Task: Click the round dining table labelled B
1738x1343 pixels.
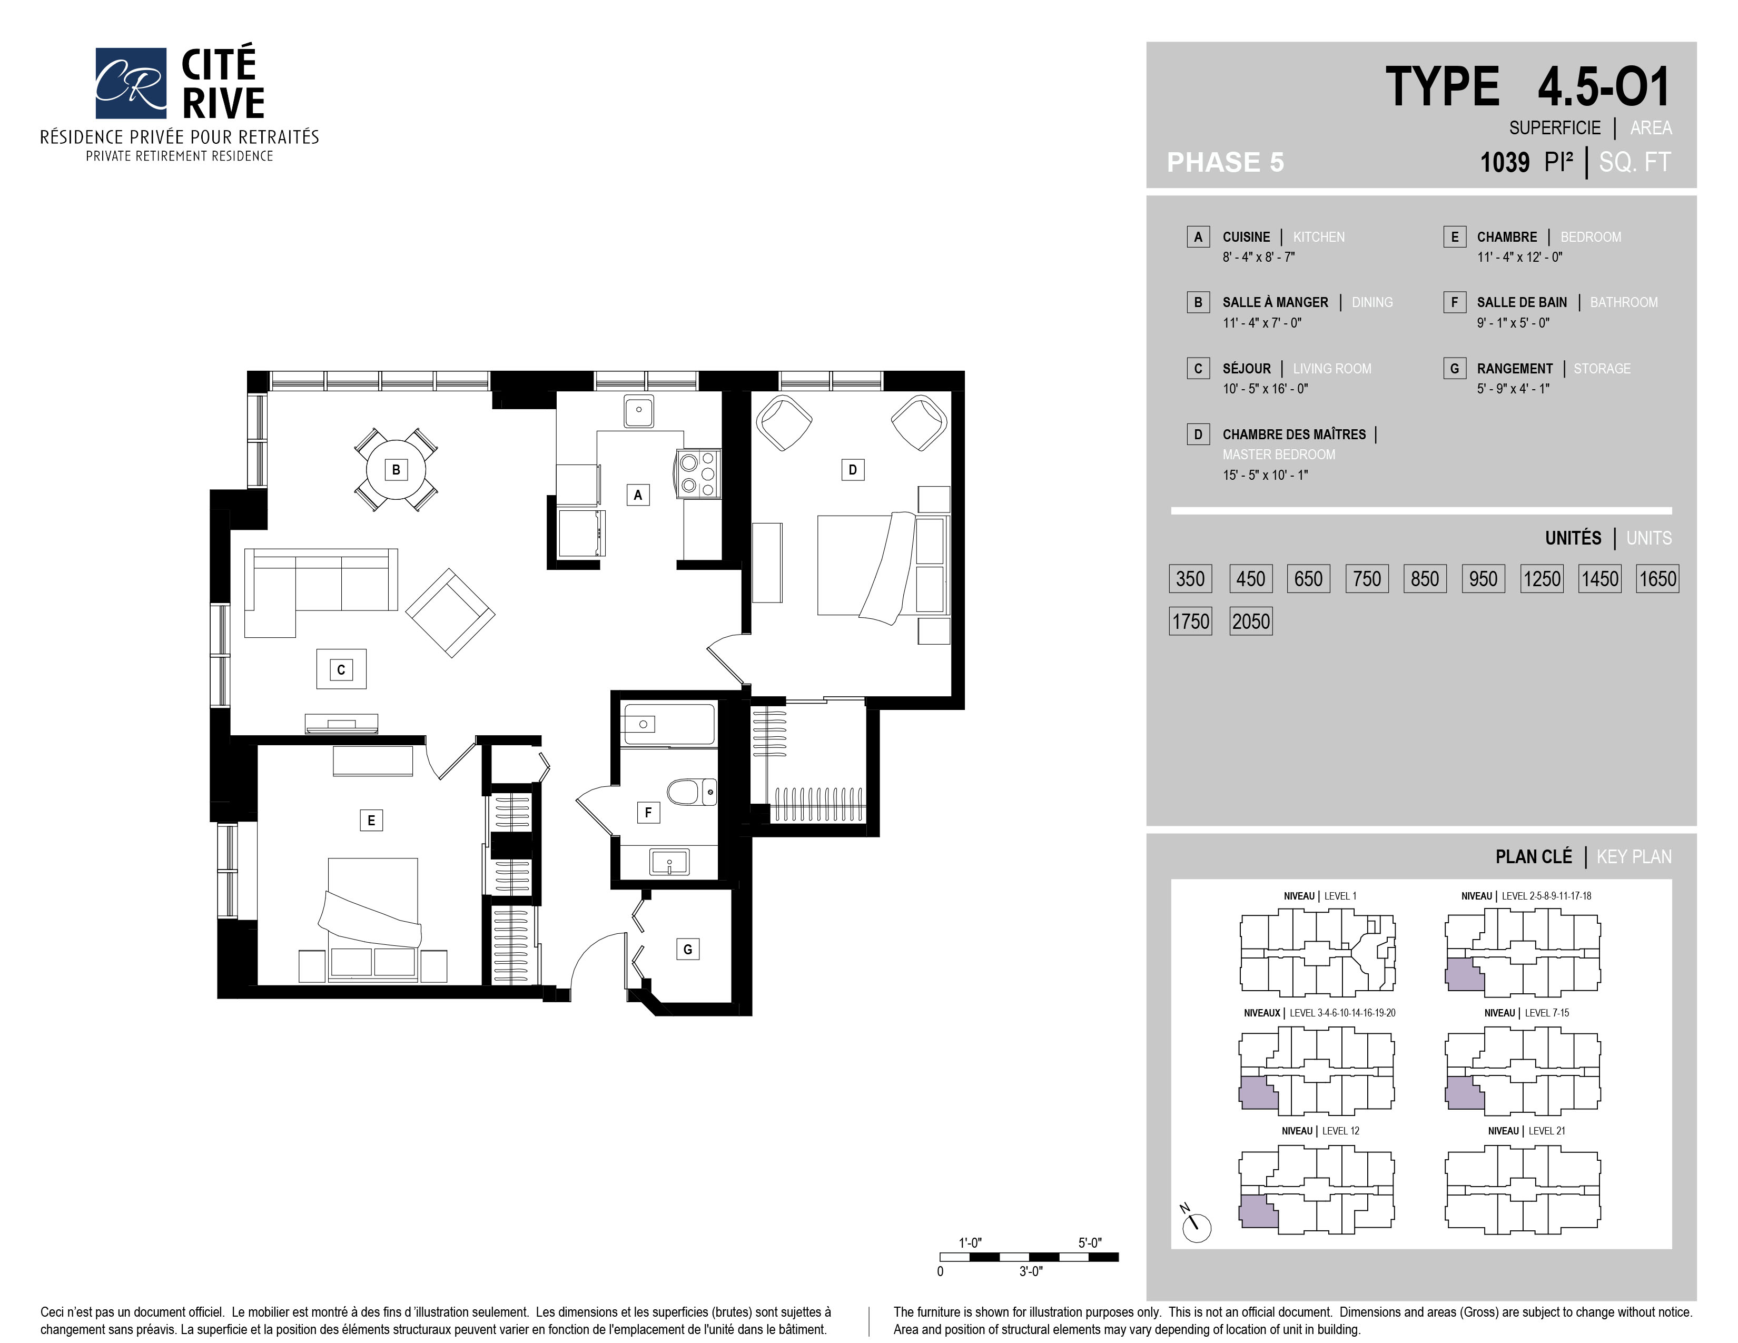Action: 396,469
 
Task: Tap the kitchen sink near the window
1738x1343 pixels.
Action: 639,411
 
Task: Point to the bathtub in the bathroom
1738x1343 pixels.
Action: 668,724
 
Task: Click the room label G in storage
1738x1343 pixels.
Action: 687,949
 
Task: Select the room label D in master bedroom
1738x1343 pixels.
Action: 852,469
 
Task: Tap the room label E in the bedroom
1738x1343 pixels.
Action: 371,820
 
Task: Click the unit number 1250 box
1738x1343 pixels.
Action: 1542,578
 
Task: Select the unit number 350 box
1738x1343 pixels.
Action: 1190,578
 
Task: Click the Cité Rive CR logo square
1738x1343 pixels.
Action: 131,83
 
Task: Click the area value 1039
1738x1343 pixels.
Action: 1504,162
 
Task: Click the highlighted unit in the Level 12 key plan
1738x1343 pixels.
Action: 1257,1211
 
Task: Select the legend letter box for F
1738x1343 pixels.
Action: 1454,302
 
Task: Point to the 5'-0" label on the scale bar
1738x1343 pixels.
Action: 1090,1243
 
